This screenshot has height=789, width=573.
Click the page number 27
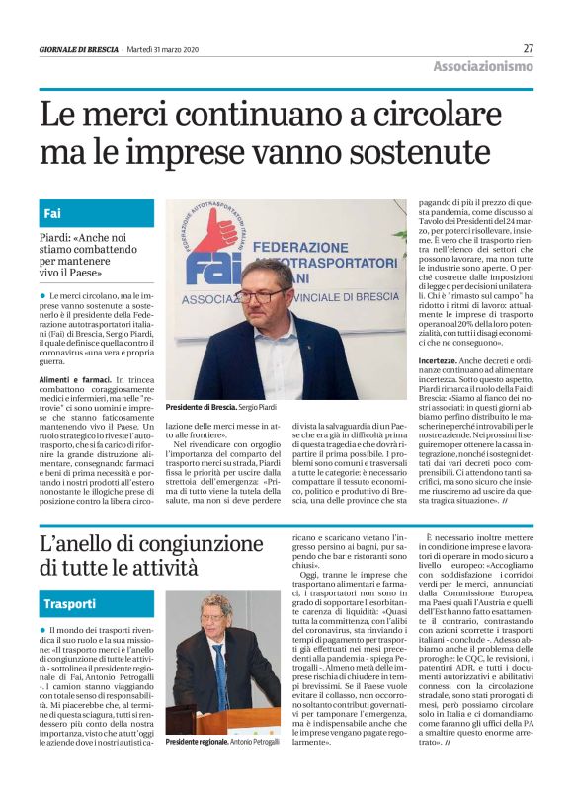[528, 48]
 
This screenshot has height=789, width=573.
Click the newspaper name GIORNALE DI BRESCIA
[78, 49]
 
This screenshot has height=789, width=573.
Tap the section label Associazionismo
[483, 67]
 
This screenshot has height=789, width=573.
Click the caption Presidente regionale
[199, 741]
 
